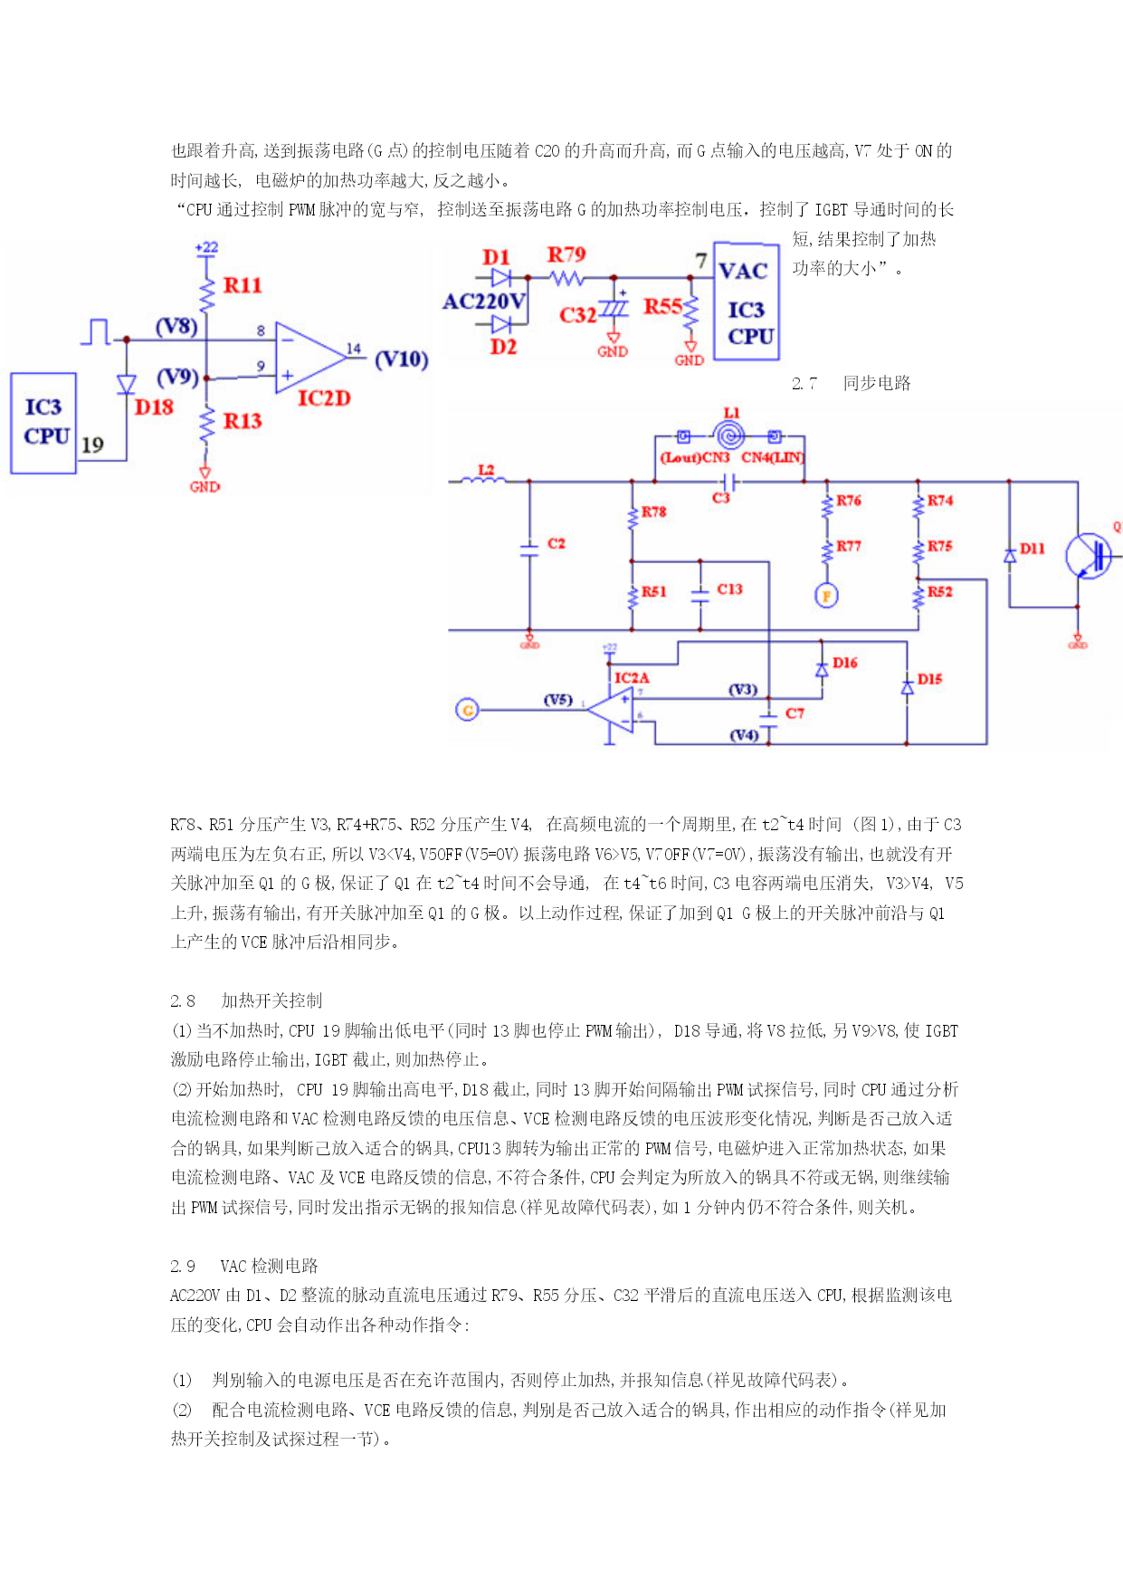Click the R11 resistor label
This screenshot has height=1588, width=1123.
[x=243, y=285]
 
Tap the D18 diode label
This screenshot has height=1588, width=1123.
[x=154, y=407]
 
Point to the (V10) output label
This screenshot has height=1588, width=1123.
[x=402, y=359]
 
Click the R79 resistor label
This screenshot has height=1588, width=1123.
[x=566, y=254]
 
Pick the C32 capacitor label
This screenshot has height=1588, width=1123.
[x=577, y=315]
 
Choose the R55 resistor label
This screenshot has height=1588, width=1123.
[x=662, y=306]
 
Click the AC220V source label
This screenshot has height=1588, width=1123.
[x=484, y=301]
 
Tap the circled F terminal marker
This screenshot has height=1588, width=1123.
[x=825, y=595]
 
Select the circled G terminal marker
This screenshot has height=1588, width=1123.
[x=467, y=710]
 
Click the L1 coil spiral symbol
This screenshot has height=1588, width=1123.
[x=729, y=435]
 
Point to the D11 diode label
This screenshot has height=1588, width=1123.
[x=1033, y=548]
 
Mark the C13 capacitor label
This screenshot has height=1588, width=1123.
[x=729, y=588]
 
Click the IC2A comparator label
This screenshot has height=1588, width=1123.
[x=632, y=677]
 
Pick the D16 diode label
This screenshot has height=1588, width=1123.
[x=845, y=663]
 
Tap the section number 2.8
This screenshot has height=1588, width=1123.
[x=183, y=1000]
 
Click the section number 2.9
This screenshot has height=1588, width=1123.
[x=183, y=1266]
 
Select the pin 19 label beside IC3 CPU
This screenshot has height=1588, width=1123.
[x=92, y=445]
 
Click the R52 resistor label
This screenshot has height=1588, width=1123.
[x=940, y=591]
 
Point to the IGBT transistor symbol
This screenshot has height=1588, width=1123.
[x=1088, y=555]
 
